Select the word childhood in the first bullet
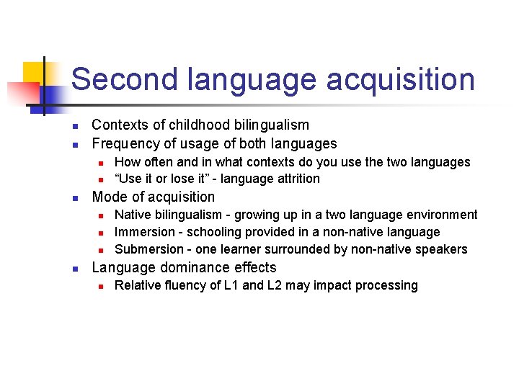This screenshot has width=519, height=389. click(190, 125)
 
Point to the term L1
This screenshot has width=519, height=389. click(232, 285)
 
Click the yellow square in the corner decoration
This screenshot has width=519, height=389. click(33, 73)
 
